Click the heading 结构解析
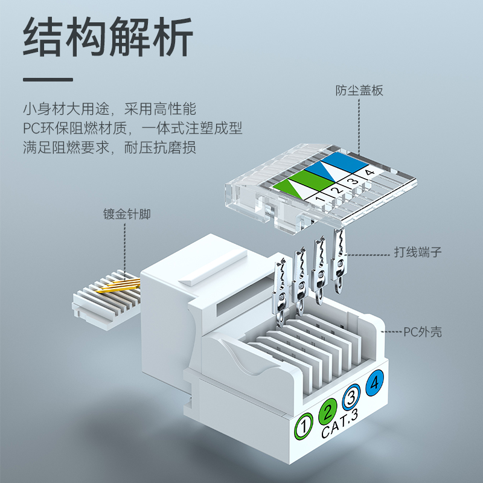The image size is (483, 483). coord(108,37)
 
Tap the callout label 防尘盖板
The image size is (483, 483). coord(359,91)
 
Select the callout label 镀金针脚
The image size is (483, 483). coord(127,214)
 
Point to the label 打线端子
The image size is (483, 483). coord(418,252)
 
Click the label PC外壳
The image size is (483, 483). coord(423,332)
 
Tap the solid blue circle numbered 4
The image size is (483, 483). coord(374,383)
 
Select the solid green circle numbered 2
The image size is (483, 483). coord(328,411)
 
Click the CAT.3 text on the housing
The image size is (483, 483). coord(340,424)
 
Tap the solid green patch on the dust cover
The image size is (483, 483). coord(312,179)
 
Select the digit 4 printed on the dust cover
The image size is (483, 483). coord(369,173)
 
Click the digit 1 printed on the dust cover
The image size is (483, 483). coord(321,199)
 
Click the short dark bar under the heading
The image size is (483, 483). coord(48,80)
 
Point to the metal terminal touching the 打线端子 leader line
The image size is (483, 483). coord(338,260)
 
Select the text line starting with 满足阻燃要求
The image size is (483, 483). coord(109,147)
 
